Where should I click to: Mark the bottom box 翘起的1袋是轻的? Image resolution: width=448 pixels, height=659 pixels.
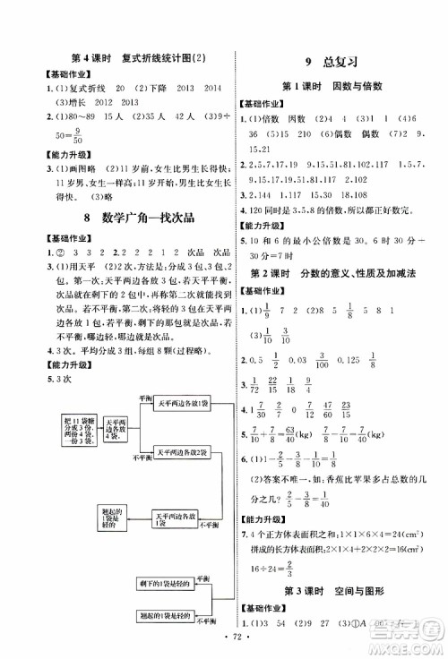pos(178,617)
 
